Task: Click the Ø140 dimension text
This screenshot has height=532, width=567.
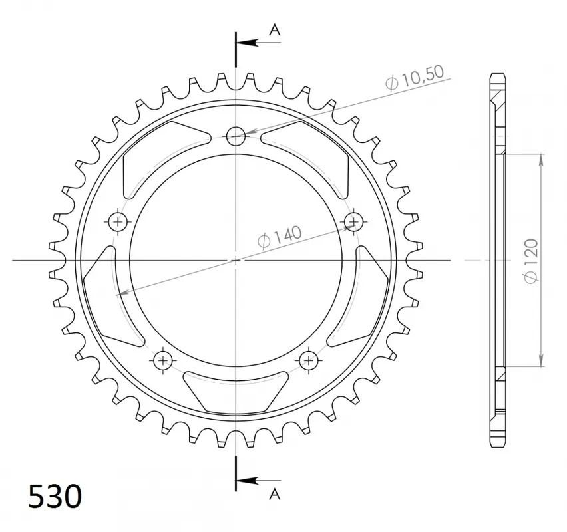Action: tap(278, 236)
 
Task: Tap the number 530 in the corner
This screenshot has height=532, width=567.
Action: tap(55, 496)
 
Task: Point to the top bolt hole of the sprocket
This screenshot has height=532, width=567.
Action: tap(236, 136)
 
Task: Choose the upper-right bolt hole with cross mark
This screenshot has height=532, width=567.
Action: tap(353, 221)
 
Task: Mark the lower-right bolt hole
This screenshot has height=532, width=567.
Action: tap(308, 360)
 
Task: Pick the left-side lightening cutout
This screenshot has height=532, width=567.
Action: tap(106, 296)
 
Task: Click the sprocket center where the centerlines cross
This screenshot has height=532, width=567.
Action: tap(236, 259)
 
